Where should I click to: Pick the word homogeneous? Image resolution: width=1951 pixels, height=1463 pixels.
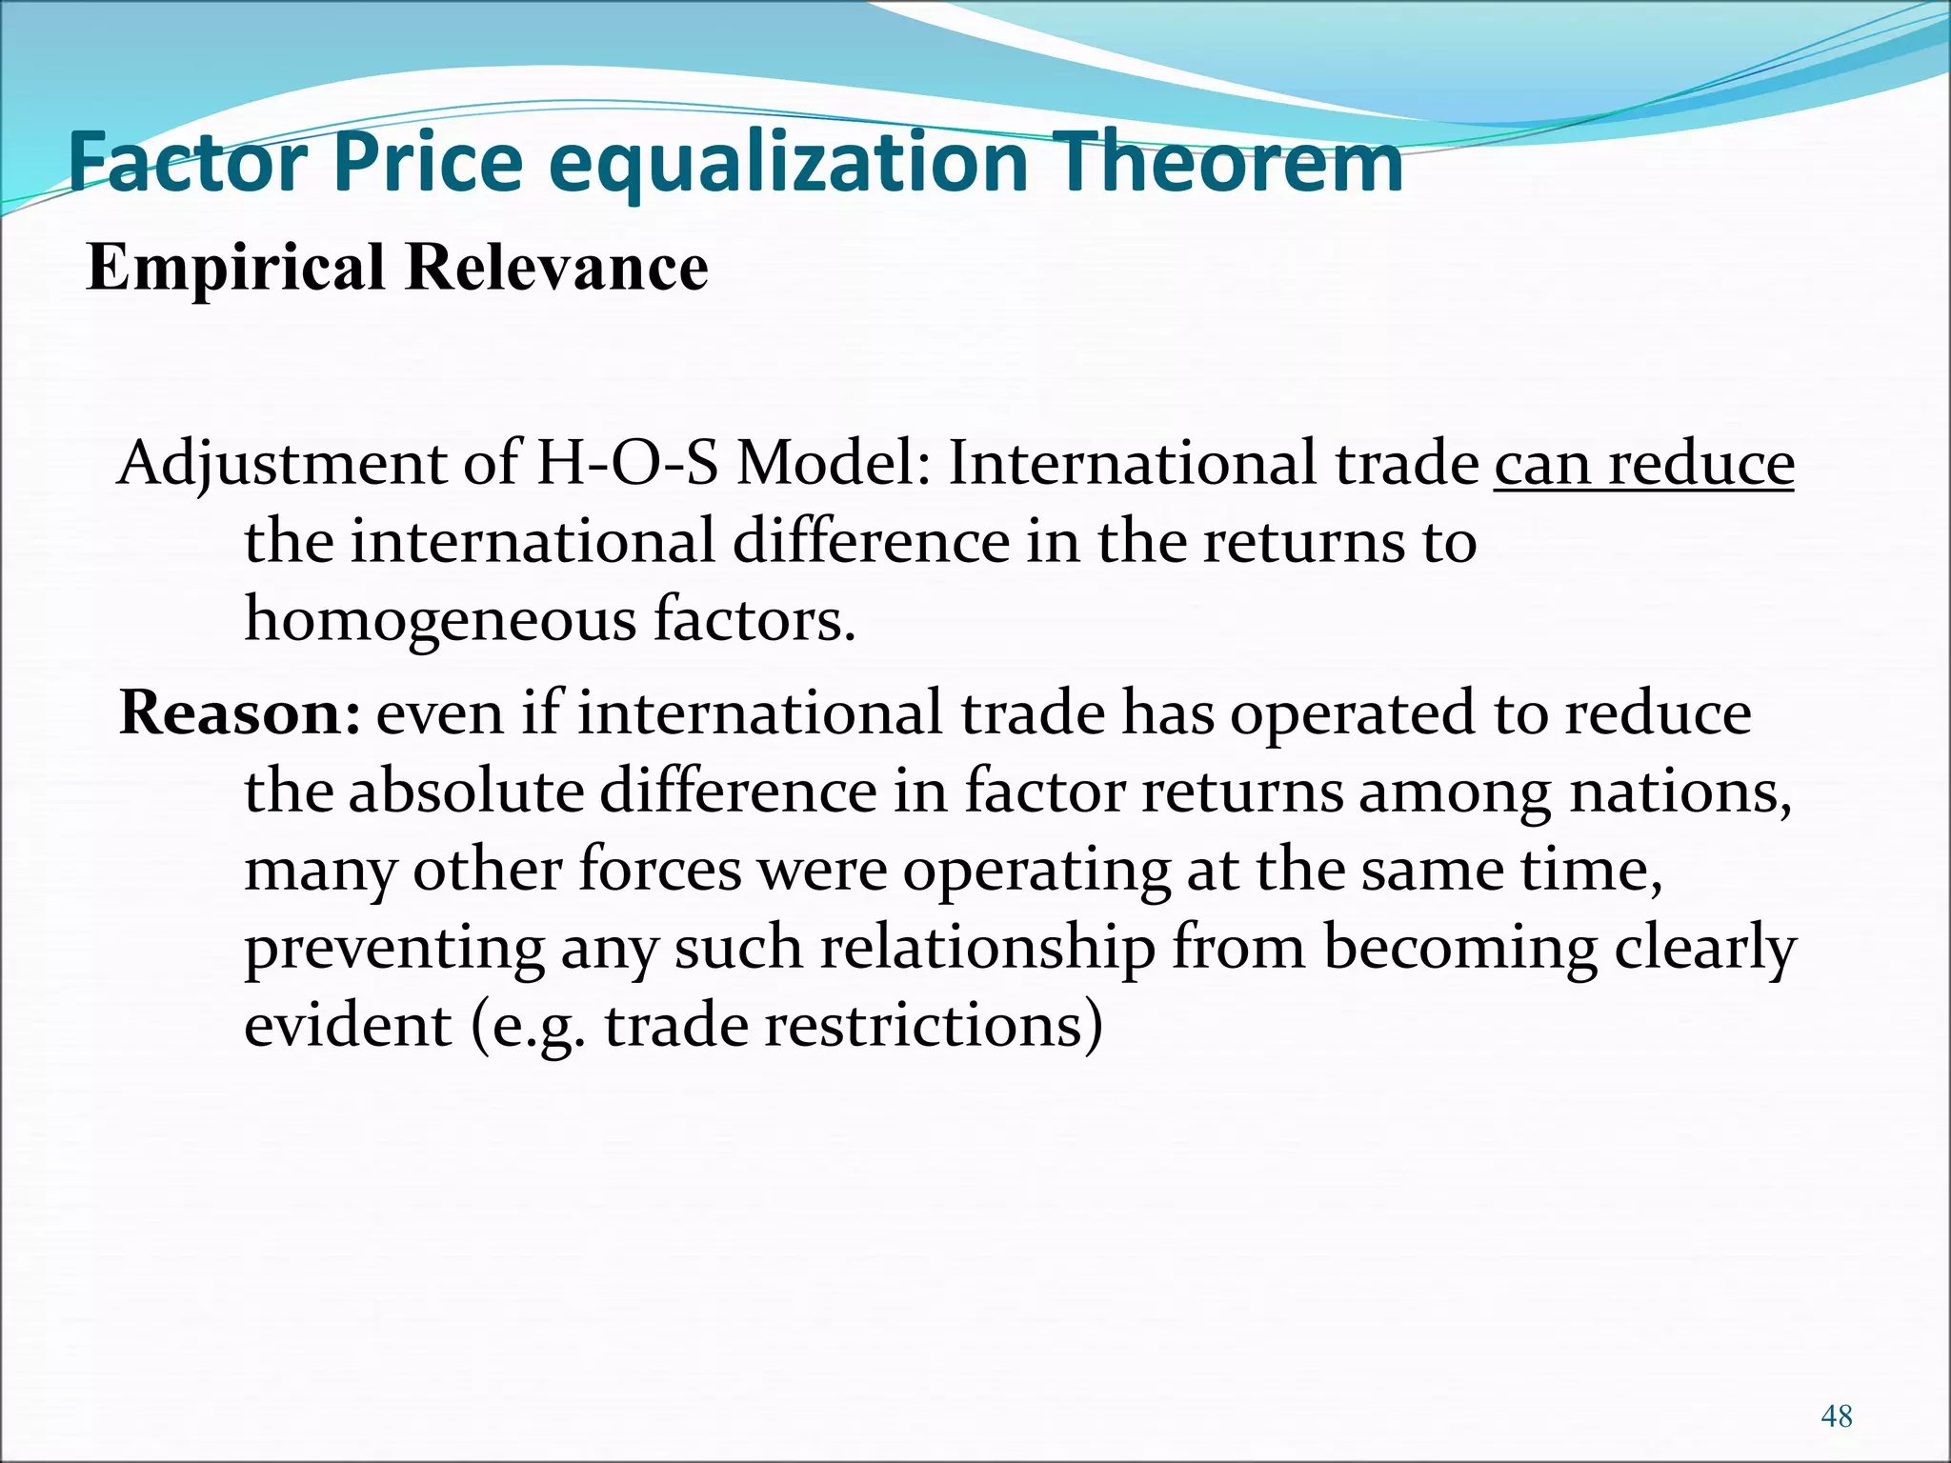(440, 621)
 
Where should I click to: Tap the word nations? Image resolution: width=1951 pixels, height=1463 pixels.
(1679, 792)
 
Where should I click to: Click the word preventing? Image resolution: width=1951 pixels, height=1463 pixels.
(394, 949)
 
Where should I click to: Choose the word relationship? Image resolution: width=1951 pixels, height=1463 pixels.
(987, 949)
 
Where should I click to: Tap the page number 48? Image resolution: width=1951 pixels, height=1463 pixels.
(1837, 1416)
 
